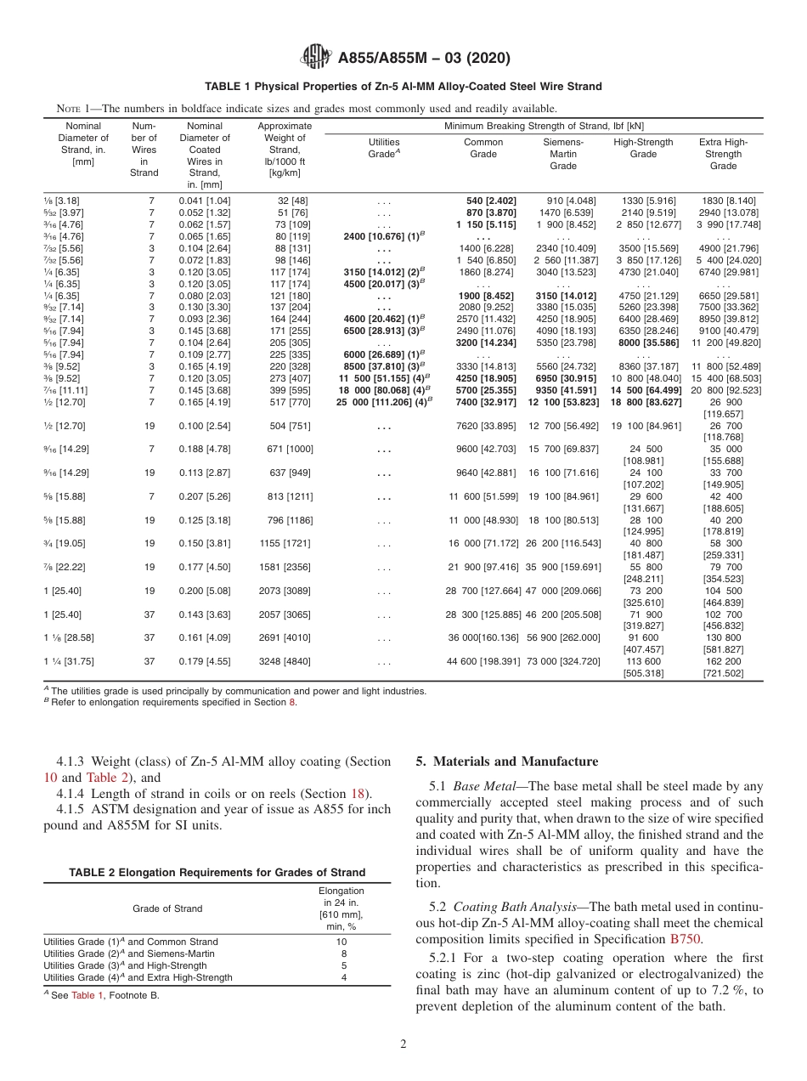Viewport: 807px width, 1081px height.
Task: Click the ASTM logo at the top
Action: click(317, 58)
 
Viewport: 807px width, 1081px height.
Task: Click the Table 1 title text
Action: click(403, 87)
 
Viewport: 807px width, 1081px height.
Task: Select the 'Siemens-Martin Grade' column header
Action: click(563, 154)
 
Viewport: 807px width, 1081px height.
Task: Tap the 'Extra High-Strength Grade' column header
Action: click(723, 154)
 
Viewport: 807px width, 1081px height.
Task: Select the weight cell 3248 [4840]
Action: click(285, 661)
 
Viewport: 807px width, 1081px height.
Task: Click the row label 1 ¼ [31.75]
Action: click(64, 661)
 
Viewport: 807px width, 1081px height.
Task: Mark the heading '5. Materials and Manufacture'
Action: click(506, 761)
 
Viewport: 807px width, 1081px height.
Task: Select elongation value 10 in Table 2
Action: click(341, 942)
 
